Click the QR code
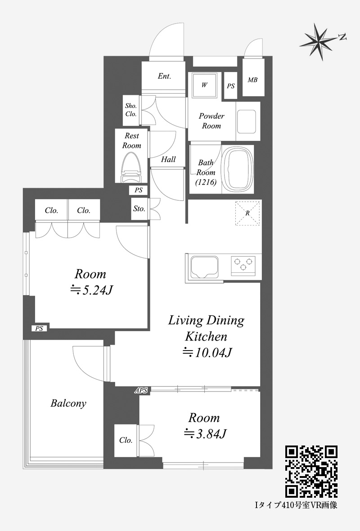[x=311, y=472]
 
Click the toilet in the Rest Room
[x=132, y=167]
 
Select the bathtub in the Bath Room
[x=238, y=169]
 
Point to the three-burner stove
[x=243, y=265]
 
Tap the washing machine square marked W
[x=204, y=85]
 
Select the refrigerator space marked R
[x=247, y=213]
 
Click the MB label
[x=252, y=80]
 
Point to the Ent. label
[x=164, y=76]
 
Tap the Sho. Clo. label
[x=131, y=110]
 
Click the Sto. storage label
[x=139, y=209]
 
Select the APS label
[x=141, y=391]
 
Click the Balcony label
[x=68, y=403]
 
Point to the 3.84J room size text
[x=205, y=434]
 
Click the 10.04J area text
[x=207, y=353]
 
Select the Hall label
[x=168, y=159]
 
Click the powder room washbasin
[x=246, y=121]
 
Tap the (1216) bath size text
[x=206, y=182]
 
